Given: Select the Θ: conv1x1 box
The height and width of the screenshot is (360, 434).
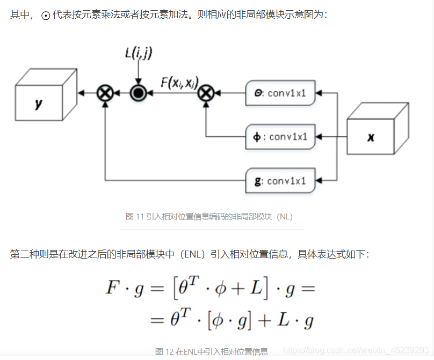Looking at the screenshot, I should [280, 93].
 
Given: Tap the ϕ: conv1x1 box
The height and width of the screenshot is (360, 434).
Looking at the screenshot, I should [280, 137].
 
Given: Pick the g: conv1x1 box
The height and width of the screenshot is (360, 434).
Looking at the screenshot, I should [280, 181].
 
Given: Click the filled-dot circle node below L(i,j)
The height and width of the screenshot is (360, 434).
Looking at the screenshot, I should [139, 93].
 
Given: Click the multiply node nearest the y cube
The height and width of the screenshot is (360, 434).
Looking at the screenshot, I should [105, 93].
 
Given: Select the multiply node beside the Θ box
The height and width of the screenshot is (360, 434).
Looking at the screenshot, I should [206, 93].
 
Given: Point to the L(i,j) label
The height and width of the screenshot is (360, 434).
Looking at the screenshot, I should [138, 53].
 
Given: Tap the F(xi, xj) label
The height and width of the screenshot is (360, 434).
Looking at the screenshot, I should [179, 83].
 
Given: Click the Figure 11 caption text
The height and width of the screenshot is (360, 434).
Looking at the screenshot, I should [209, 217].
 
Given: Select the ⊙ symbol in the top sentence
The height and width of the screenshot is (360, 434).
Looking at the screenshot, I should [46, 15].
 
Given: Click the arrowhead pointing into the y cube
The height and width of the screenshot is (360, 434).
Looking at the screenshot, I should [81, 93].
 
